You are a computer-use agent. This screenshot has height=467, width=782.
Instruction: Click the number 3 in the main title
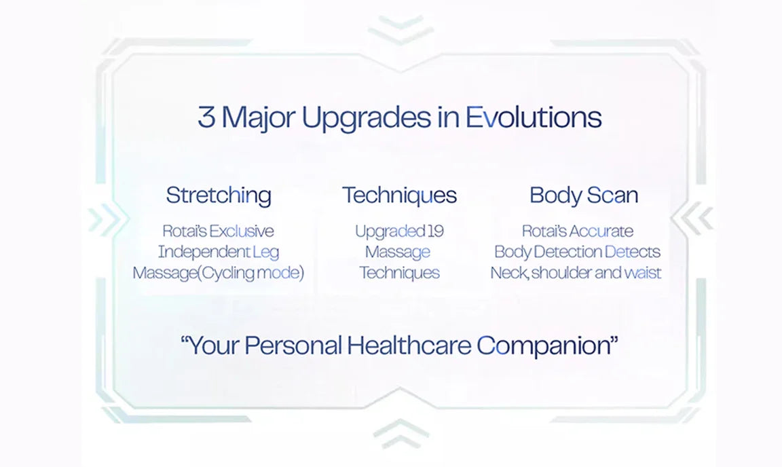click(206, 117)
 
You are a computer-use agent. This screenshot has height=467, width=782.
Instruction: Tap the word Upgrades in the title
click(366, 119)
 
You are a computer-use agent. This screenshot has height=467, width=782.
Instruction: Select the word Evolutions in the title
click(533, 117)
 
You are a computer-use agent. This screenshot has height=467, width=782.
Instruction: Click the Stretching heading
click(219, 195)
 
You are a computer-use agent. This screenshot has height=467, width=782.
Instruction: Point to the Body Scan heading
click(584, 195)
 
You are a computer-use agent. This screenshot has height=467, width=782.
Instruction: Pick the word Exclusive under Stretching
click(242, 231)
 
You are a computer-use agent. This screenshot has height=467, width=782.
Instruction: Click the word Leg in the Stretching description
click(265, 253)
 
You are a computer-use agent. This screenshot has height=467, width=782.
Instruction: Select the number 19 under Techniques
click(435, 231)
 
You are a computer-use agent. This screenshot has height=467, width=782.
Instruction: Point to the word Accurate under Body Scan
click(601, 231)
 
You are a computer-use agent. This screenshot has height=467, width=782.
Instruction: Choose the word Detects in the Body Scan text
click(632, 252)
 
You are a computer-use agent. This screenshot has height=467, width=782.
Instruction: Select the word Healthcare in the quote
click(409, 345)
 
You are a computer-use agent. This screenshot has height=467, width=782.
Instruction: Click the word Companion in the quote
click(544, 346)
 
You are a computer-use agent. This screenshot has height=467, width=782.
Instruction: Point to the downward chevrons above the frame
click(401, 30)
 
